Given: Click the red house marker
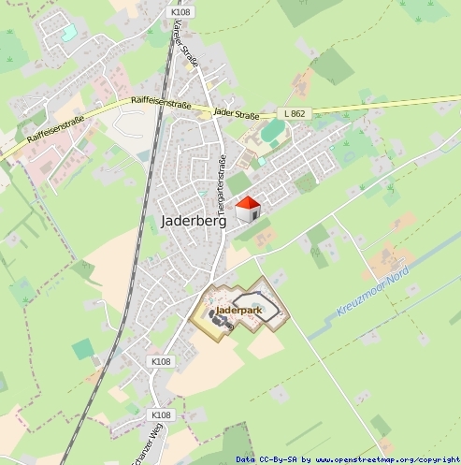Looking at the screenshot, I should click(x=247, y=209).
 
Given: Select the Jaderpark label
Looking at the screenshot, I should click(x=238, y=309).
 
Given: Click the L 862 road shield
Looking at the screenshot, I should click(x=294, y=113).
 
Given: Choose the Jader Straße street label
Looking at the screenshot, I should click(x=235, y=111).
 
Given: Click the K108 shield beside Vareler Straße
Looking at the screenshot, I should click(x=181, y=12).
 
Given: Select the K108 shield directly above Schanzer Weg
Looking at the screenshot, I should click(x=162, y=414).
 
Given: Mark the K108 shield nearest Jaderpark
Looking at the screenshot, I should click(x=161, y=361).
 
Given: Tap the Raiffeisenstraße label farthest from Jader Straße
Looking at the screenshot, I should click(x=55, y=128).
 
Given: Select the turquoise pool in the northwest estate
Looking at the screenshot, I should click(x=68, y=33).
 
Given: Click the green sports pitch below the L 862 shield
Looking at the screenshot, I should click(x=272, y=132).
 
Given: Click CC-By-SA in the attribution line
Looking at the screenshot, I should click(x=280, y=459).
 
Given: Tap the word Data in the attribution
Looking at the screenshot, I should click(x=245, y=459).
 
